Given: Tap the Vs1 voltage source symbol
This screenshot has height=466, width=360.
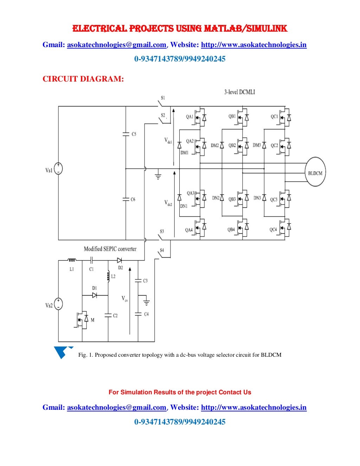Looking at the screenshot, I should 58,169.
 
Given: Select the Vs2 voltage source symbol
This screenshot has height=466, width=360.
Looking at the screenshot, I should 58,304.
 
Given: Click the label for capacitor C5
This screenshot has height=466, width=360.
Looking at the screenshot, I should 134,134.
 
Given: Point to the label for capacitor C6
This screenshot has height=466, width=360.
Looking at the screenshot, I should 133,199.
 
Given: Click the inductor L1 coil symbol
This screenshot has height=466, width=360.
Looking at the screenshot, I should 72,260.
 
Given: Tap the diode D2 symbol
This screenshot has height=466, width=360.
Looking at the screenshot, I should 120,260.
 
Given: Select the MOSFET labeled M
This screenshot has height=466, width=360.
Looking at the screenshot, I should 83,319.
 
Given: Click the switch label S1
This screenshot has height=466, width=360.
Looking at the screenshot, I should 163,98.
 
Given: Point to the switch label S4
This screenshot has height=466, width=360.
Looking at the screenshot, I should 162,251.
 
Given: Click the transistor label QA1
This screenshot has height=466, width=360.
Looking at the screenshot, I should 189,117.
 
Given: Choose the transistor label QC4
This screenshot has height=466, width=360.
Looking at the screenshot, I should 273,230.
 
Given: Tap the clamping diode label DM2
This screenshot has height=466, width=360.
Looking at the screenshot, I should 215,145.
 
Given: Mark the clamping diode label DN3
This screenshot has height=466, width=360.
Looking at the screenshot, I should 257,198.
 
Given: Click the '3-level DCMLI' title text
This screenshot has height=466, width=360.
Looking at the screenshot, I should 239,92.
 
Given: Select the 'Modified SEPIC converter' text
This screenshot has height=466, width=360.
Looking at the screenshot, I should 110,249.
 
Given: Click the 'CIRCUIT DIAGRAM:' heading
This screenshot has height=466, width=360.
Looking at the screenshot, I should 83,79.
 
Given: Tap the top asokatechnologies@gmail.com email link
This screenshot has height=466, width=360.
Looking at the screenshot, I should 116,45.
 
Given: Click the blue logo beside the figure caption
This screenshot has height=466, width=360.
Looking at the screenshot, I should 62,352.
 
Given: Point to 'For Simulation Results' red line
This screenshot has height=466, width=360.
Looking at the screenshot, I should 180,392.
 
